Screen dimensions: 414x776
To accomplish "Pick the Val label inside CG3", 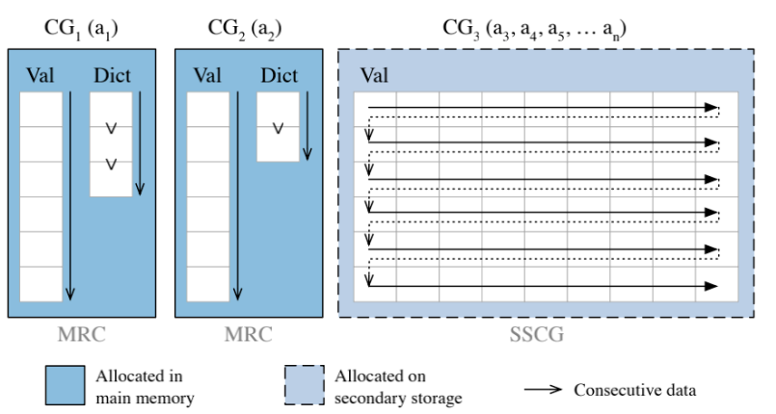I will coord(375,75).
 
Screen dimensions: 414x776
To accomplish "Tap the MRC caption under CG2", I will coord(247,335).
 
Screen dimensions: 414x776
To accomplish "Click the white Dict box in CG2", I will coord(278,127).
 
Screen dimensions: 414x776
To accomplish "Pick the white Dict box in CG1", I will coord(111,144).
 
